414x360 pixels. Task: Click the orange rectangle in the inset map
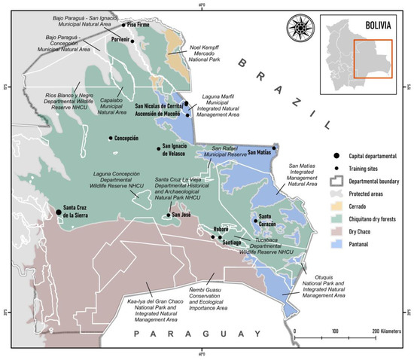tap(373, 60)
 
